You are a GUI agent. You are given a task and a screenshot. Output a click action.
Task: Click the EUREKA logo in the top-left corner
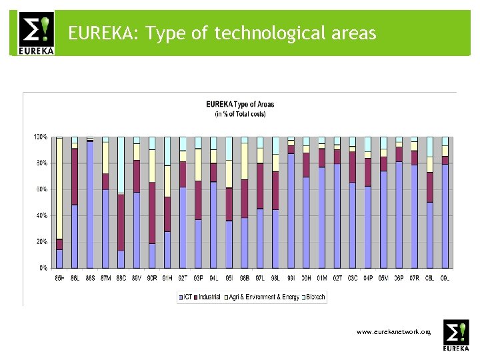[32, 33]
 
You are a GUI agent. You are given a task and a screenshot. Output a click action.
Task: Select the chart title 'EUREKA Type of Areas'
[240, 105]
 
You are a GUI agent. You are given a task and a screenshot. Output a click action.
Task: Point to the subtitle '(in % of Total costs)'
[240, 114]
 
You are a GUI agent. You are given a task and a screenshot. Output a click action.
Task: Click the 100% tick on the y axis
[41, 137]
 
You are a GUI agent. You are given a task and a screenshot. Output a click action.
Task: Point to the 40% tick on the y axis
[41, 216]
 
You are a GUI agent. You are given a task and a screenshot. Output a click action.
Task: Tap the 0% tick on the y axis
[42, 268]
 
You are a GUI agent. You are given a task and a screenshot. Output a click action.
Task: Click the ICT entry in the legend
[187, 297]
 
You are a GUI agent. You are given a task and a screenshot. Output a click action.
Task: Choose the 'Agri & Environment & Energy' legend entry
[264, 297]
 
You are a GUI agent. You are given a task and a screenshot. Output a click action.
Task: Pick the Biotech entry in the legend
[315, 297]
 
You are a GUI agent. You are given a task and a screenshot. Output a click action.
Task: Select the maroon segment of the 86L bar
[75, 176]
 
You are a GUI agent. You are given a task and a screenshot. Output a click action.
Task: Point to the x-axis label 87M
[105, 279]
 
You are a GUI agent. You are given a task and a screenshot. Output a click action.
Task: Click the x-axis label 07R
[415, 279]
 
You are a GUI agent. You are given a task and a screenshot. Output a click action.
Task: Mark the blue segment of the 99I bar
[291, 211]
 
